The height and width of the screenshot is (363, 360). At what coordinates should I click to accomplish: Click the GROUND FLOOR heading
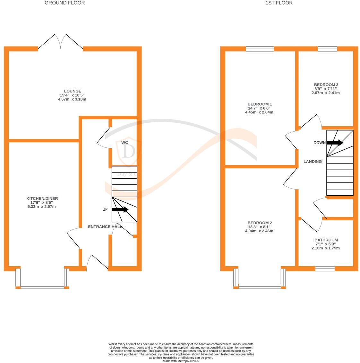click(64, 3)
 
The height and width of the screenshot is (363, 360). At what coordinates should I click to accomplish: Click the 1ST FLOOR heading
click(279, 3)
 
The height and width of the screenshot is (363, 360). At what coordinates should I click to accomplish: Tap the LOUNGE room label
click(72, 91)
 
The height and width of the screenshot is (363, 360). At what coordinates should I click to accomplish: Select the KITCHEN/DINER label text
click(42, 199)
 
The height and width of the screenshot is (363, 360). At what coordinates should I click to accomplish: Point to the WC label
click(125, 142)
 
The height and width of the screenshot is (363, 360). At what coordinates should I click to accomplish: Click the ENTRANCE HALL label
click(105, 227)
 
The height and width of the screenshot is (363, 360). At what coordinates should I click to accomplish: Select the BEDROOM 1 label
click(260, 104)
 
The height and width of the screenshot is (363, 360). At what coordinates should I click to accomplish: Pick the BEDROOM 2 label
click(260, 223)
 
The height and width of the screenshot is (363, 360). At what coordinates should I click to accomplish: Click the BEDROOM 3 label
click(326, 85)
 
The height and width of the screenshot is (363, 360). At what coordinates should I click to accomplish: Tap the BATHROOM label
click(326, 240)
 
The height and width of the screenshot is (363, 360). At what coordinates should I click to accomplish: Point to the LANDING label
click(313, 162)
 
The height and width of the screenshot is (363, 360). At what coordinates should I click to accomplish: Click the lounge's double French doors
click(61, 42)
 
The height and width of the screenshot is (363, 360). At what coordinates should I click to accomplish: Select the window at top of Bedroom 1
click(260, 49)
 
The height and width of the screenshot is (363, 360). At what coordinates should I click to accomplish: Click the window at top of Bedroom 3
click(327, 49)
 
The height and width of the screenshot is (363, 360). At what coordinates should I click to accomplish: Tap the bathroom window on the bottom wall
click(325, 269)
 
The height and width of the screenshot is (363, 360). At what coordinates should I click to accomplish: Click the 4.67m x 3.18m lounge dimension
click(72, 99)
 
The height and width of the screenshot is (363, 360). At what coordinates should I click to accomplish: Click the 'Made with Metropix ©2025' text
click(181, 361)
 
